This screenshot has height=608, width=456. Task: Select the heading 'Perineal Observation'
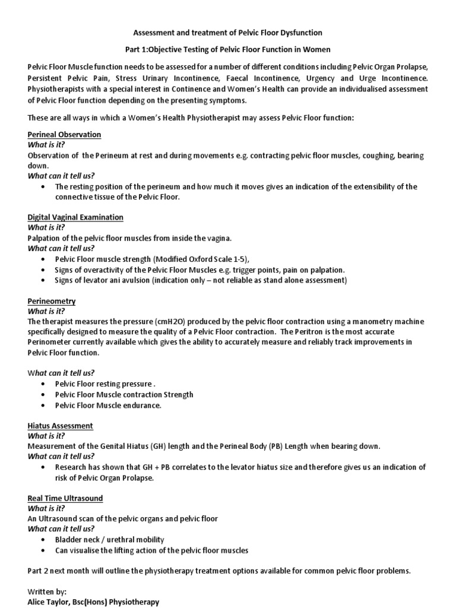[x=64, y=135]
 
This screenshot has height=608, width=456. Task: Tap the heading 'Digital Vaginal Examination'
[x=75, y=217]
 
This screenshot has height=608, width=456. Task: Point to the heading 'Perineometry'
[x=52, y=301]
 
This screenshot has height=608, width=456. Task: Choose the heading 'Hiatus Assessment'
[x=60, y=426]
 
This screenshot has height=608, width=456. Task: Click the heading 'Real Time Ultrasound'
[x=65, y=498]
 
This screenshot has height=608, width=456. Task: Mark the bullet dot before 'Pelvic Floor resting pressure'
[x=46, y=384]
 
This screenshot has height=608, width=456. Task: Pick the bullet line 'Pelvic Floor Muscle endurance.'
[x=108, y=406]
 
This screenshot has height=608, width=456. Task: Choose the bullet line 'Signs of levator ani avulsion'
[x=201, y=280]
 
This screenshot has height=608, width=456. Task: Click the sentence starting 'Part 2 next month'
[x=218, y=571]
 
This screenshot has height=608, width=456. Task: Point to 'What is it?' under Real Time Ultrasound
[x=46, y=508]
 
